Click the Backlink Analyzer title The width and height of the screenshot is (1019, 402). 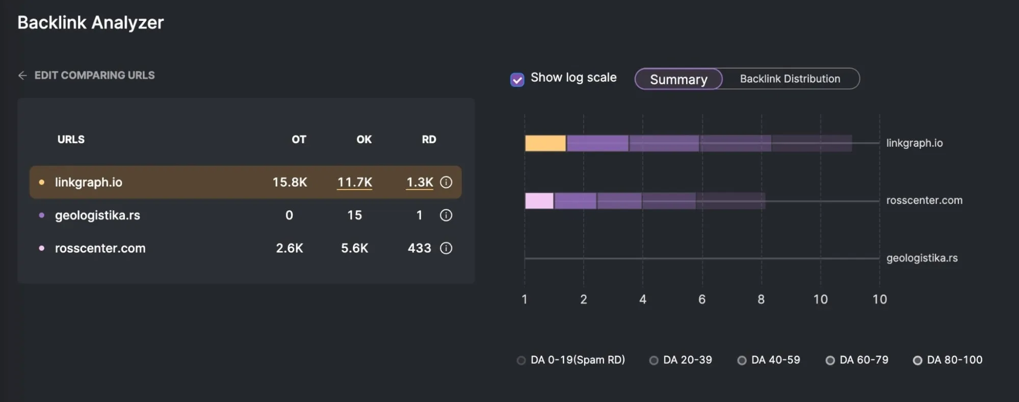(91, 22)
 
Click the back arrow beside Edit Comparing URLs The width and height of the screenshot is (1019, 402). (22, 75)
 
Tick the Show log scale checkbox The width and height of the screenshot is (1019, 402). (517, 80)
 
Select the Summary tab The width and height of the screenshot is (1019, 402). (678, 79)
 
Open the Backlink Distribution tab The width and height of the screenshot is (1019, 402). (790, 79)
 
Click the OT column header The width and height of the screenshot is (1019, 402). (299, 140)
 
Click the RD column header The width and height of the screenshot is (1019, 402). (429, 140)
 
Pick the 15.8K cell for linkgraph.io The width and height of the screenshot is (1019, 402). (290, 182)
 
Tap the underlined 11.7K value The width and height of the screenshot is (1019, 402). (355, 182)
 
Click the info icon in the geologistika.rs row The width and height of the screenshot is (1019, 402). (446, 216)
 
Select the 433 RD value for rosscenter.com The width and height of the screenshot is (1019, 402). (419, 248)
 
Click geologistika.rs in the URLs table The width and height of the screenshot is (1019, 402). (97, 216)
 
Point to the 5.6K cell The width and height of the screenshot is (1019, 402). (354, 248)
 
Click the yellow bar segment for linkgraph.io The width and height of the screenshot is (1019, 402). (545, 143)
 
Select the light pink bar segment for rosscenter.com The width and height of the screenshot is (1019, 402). (539, 201)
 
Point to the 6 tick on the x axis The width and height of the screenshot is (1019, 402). (702, 300)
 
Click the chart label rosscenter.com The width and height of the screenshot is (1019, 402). (924, 200)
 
